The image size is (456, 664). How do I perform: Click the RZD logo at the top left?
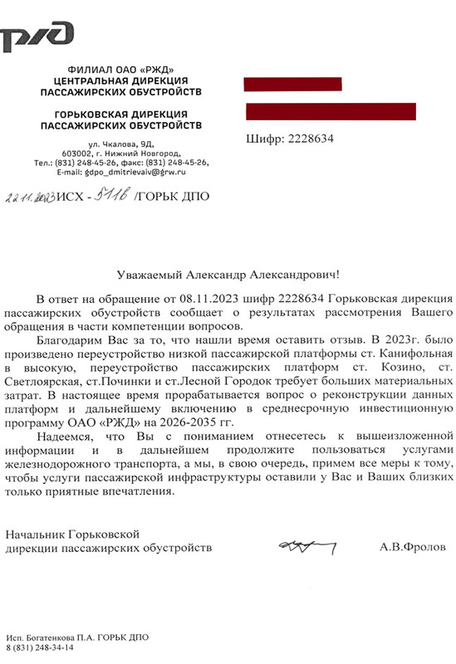click(38, 35)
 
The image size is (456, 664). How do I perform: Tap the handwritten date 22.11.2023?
click(30, 198)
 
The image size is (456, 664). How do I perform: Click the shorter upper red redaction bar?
click(287, 83)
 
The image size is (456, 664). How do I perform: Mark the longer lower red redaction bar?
click(331, 111)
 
